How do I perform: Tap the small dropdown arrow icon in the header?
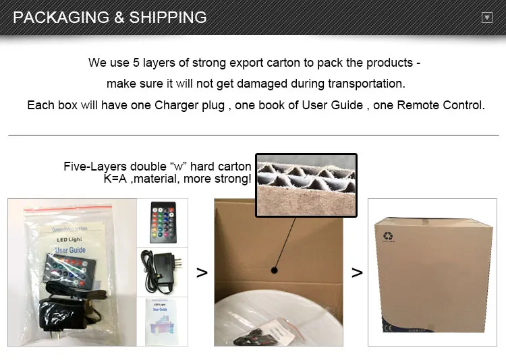(x=486, y=18)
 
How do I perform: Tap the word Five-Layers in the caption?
(x=95, y=167)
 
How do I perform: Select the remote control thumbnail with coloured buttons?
(x=163, y=223)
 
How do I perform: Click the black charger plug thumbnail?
(x=163, y=271)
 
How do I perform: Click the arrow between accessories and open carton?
(x=201, y=273)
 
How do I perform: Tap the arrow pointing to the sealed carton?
(x=357, y=273)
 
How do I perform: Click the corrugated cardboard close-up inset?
(x=306, y=185)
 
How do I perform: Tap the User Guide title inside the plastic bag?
(x=69, y=251)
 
